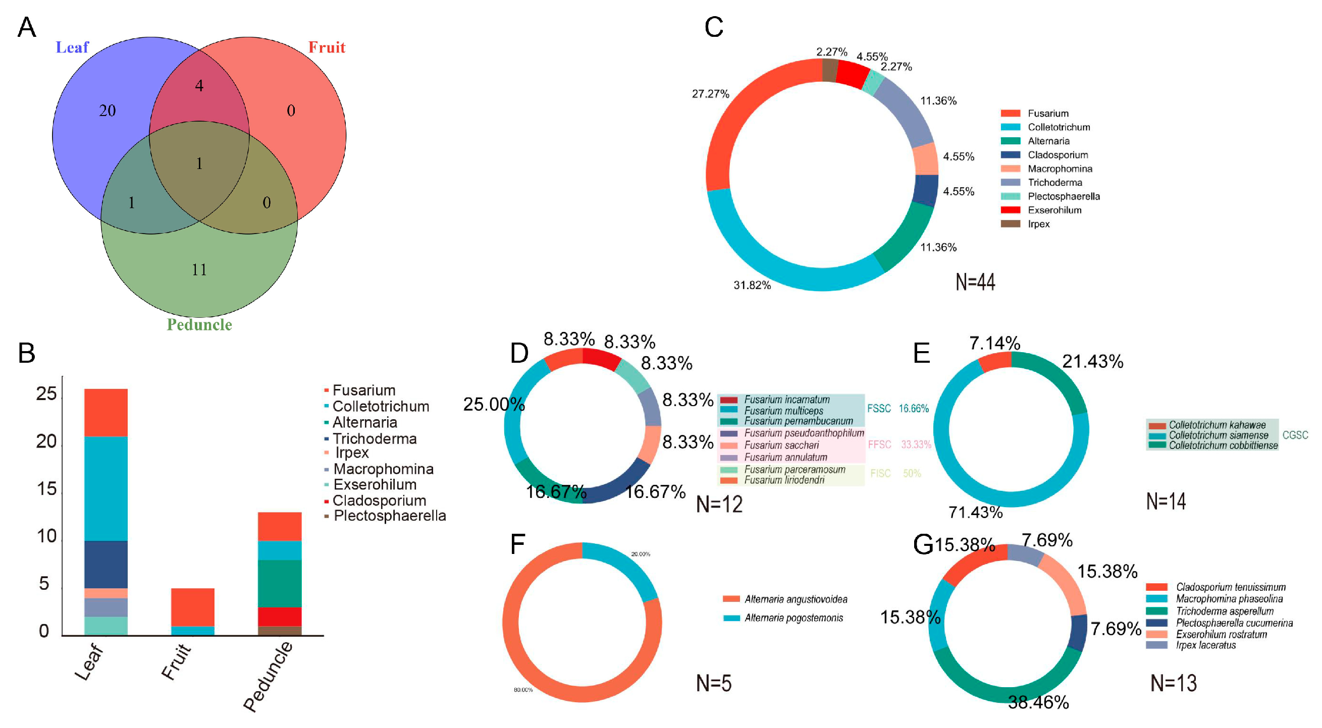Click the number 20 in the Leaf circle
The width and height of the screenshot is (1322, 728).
[x=107, y=111]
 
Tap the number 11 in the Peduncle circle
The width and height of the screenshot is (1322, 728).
[x=199, y=270]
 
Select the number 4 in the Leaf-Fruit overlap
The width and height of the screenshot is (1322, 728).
[x=199, y=86]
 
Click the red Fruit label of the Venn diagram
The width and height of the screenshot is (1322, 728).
[x=327, y=48]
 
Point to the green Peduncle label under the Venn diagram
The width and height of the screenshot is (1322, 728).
[x=199, y=325]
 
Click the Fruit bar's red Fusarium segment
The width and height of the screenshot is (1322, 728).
[x=192, y=607]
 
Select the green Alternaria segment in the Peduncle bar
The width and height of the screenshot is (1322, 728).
[x=279, y=583]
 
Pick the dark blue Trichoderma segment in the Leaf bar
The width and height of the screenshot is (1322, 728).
[x=105, y=565]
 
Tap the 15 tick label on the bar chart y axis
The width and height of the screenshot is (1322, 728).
[x=46, y=489]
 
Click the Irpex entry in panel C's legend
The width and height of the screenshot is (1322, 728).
[x=1038, y=224]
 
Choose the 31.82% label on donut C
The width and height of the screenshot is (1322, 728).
[x=752, y=285]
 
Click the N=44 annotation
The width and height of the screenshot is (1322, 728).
[x=975, y=282]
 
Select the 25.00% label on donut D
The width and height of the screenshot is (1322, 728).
[x=494, y=404]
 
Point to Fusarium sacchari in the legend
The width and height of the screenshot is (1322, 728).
[x=781, y=445]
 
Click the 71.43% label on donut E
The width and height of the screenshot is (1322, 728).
[x=975, y=512]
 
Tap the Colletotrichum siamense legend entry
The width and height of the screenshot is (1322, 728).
[x=1219, y=435]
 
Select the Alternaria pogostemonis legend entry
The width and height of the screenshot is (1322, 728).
[x=794, y=618]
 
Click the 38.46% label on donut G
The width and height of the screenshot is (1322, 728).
[x=1038, y=702]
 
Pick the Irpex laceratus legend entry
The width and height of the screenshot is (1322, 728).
[x=1205, y=645]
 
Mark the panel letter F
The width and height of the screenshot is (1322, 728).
[x=517, y=544]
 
